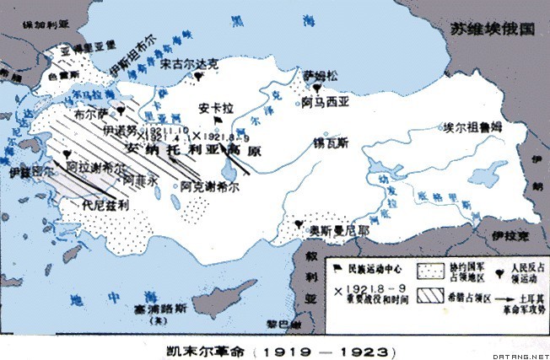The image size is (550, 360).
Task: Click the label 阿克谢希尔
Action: coord(181,186)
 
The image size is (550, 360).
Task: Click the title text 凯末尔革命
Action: coord(201,348)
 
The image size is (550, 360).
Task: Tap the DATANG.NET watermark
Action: coord(521,353)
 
